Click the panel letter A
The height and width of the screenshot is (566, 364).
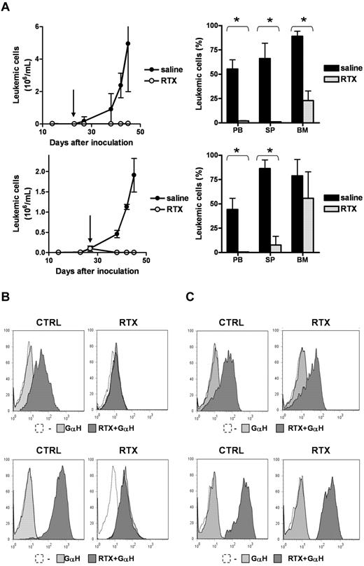point(7,7)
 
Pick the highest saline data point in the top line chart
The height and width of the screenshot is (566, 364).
point(128,43)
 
